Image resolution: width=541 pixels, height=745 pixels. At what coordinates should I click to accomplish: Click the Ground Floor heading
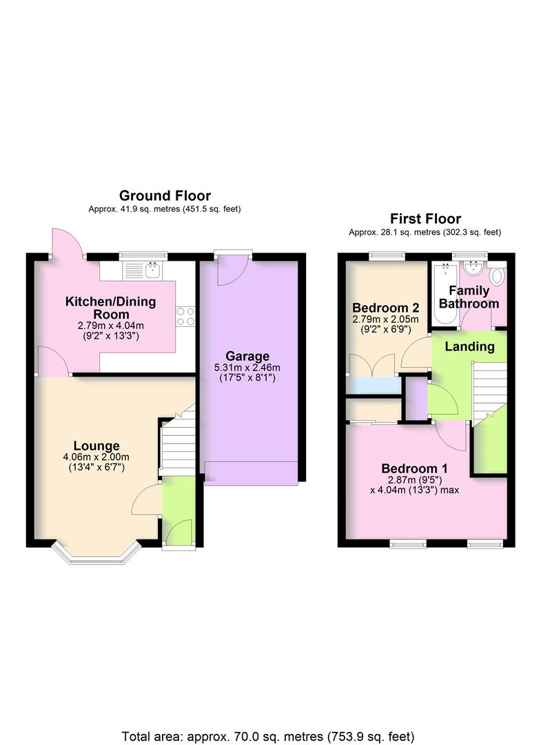(x=165, y=196)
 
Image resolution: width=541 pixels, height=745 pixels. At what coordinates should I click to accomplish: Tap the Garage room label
(x=247, y=356)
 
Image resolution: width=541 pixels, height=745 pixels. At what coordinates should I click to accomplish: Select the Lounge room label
(x=96, y=446)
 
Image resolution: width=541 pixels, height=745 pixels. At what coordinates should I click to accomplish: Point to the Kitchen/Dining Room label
(x=110, y=307)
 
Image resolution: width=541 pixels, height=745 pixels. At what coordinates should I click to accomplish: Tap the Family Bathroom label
(x=469, y=297)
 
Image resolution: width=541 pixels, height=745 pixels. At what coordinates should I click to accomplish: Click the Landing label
(x=469, y=346)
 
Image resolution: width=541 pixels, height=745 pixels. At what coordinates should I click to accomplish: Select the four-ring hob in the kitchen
(x=185, y=316)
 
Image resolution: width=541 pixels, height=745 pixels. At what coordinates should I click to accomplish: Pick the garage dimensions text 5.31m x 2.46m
(x=247, y=368)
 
